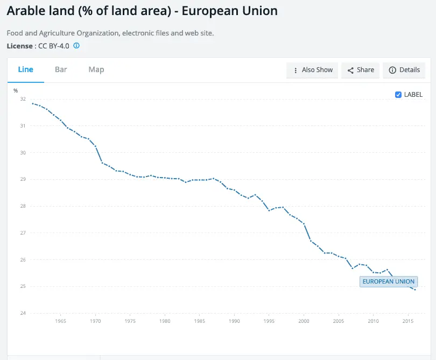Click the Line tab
[26, 69]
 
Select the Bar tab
[61, 69]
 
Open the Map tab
[96, 69]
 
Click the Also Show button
[312, 70]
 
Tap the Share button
[360, 70]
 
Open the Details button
[404, 70]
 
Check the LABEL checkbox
[398, 95]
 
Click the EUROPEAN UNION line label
[389, 281]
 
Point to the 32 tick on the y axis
[23, 99]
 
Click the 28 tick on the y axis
[23, 206]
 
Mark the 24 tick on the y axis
[23, 313]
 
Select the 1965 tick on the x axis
[60, 321]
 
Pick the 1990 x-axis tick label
[234, 321]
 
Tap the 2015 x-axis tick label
[408, 321]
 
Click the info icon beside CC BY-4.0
[76, 46]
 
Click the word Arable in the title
[27, 11]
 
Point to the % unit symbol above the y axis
[16, 90]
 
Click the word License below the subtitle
[19, 46]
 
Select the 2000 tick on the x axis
[304, 321]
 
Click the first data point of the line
[33, 103]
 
